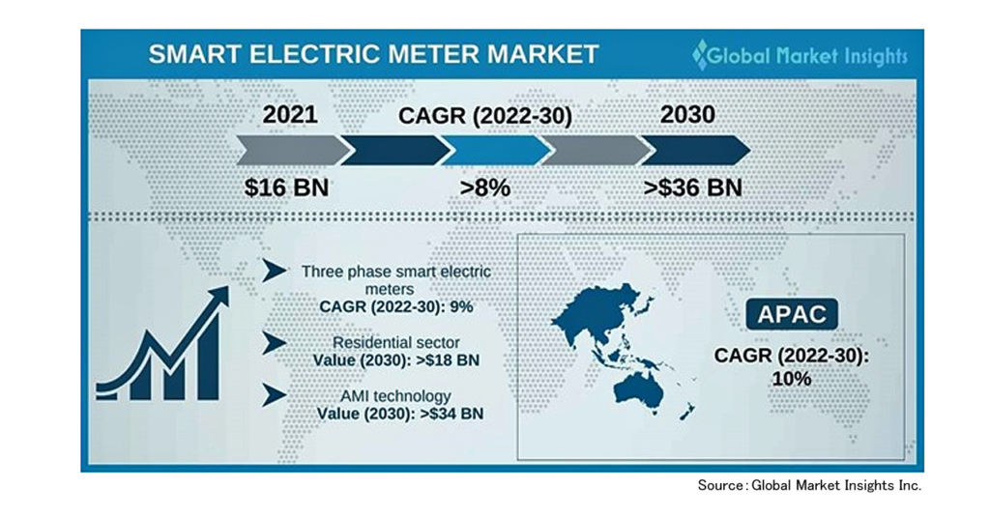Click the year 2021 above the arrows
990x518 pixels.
point(290,115)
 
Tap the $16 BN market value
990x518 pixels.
point(286,187)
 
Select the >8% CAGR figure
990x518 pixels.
point(485,187)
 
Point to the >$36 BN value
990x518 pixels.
point(692,187)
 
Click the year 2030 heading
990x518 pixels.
point(687,115)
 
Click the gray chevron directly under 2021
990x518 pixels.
point(293,150)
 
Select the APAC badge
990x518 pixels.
point(792,314)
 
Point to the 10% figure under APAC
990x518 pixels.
point(792,379)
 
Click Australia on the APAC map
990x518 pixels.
point(639,388)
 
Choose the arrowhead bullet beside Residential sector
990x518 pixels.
point(275,343)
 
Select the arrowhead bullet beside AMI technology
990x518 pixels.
point(275,395)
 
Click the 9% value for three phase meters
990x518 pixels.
point(461,306)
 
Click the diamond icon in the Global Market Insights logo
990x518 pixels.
point(700,55)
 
